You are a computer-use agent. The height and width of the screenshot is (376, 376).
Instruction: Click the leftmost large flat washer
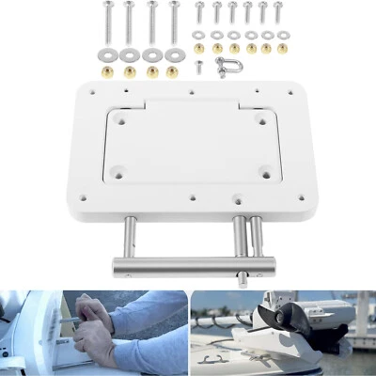pos(105,55)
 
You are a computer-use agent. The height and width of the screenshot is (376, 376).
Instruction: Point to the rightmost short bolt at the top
pos(279,14)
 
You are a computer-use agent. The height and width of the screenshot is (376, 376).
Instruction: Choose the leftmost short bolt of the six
pos(199,14)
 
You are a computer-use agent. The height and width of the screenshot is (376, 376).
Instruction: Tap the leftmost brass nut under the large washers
pos(106,70)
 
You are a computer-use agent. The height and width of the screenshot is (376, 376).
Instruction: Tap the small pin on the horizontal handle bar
pos(245,277)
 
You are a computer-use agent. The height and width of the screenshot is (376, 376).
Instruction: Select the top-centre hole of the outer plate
pos(192,92)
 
